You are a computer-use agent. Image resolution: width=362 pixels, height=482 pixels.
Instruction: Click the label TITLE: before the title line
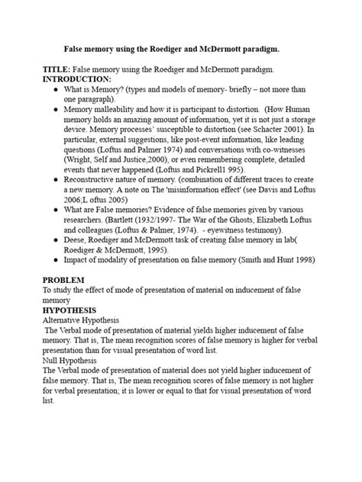[55, 69]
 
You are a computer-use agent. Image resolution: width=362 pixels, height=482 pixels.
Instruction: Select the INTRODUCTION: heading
[76, 79]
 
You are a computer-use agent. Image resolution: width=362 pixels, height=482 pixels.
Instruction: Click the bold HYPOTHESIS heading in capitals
[75, 311]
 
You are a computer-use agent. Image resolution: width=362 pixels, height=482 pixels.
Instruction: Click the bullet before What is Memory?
[56, 89]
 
